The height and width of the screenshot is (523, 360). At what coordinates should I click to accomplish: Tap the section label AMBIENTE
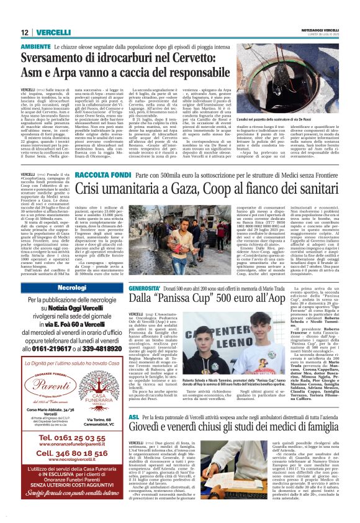click(x=36, y=47)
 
